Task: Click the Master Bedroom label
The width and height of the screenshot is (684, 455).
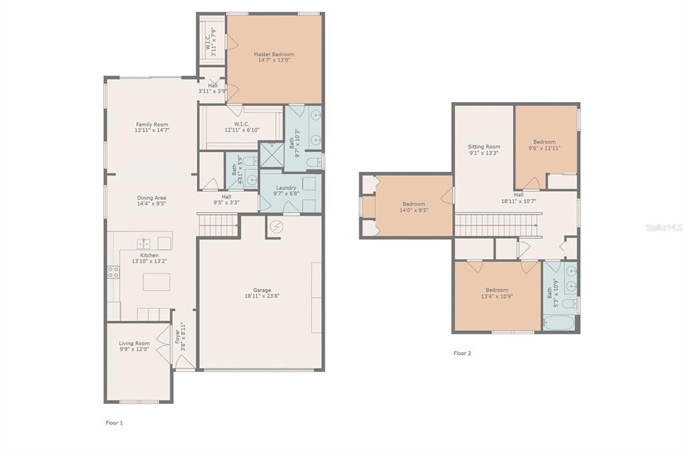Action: pyautogui.click(x=274, y=54)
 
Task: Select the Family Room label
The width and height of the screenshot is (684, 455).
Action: pyautogui.click(x=152, y=124)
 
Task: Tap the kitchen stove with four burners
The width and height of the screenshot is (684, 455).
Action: pyautogui.click(x=114, y=272)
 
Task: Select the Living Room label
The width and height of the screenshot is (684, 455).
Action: pyautogui.click(x=134, y=344)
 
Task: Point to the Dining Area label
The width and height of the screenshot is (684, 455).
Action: pyautogui.click(x=152, y=198)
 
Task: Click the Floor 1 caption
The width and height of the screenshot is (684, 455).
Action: pyautogui.click(x=114, y=423)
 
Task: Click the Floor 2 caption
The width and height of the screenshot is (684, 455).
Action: pyautogui.click(x=462, y=354)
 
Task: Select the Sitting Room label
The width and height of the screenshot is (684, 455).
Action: pyautogui.click(x=484, y=147)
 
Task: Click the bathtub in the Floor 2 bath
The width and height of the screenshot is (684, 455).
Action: pyautogui.click(x=560, y=323)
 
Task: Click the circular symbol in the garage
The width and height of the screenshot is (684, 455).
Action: pyautogui.click(x=276, y=227)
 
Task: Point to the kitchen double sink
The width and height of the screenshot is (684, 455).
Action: pyautogui.click(x=144, y=243)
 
